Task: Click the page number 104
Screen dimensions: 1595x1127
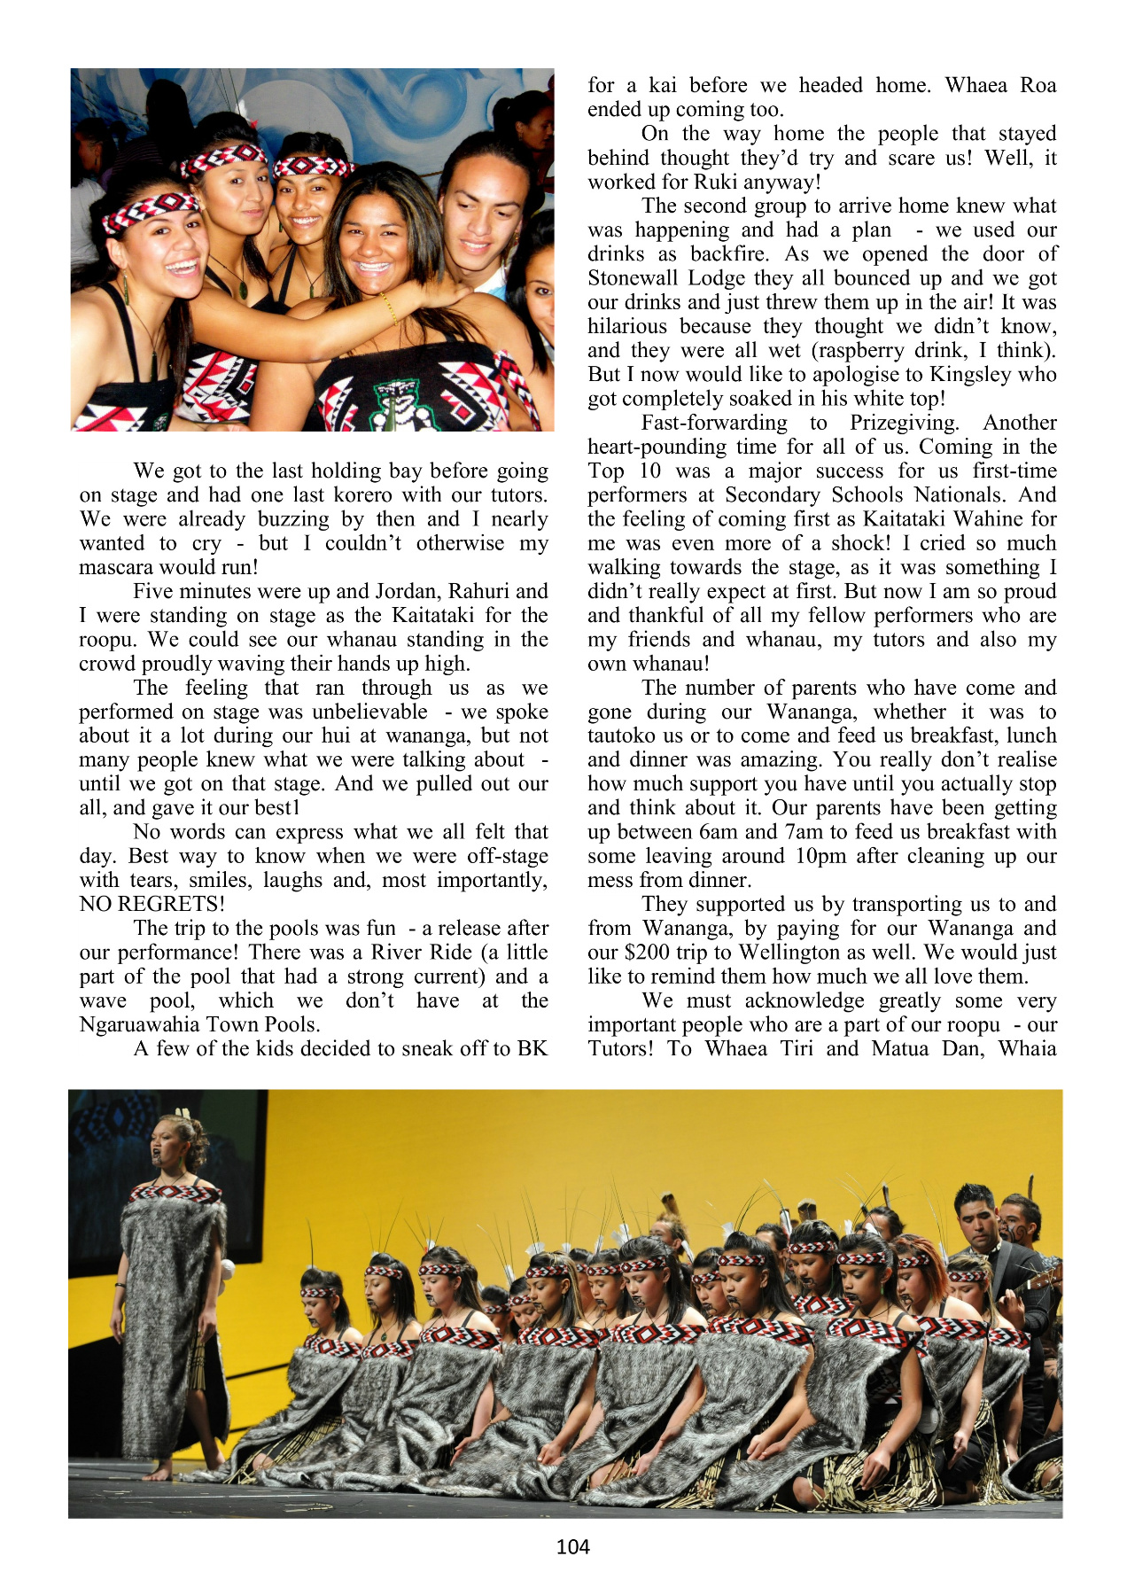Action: [x=572, y=1546]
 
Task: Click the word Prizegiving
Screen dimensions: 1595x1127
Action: [x=904, y=423]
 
